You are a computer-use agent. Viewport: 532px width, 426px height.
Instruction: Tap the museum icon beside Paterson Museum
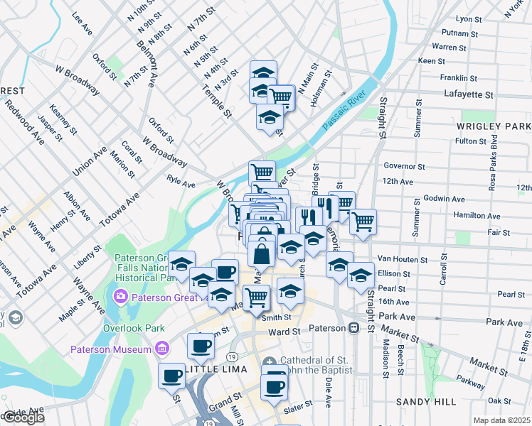click(163, 349)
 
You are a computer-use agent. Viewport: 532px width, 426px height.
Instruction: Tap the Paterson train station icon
click(353, 329)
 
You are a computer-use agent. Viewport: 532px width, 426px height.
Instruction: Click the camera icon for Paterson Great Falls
click(119, 297)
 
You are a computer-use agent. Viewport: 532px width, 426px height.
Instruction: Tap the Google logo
click(23, 417)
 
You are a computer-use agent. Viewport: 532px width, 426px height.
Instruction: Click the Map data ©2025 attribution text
click(502, 420)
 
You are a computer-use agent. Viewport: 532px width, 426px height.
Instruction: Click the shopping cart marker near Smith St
click(256, 296)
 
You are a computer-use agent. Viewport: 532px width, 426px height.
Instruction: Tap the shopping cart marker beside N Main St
click(281, 96)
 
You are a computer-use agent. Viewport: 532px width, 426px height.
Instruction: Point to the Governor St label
click(403, 166)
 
